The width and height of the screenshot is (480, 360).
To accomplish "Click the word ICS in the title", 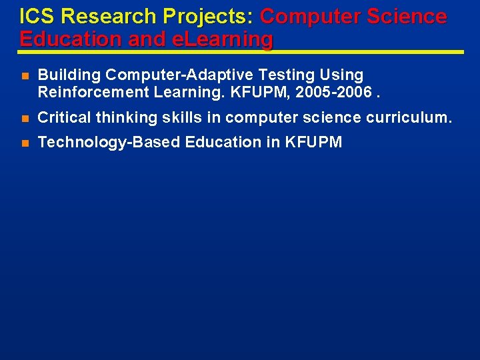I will pyautogui.click(x=35, y=17).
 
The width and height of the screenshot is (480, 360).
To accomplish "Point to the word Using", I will pyautogui.click(x=344, y=75).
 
